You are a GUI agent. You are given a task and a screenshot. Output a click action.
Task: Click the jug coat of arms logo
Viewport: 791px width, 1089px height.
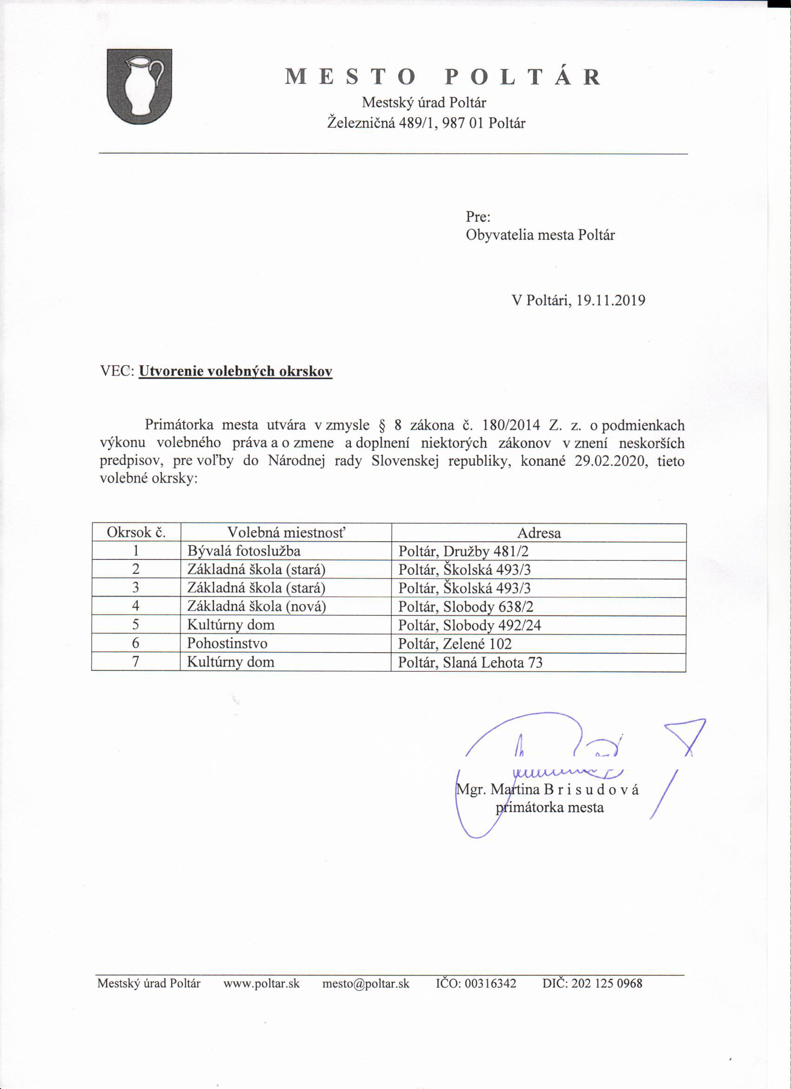tap(139, 87)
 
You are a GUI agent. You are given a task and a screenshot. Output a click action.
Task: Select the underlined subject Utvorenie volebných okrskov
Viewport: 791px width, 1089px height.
tap(235, 371)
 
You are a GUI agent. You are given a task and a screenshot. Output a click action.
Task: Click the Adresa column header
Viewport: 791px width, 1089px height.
tap(539, 533)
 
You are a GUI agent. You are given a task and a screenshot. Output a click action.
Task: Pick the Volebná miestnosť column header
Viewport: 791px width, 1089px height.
tap(286, 532)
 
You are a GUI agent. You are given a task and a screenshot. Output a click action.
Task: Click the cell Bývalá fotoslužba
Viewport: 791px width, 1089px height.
tap(244, 551)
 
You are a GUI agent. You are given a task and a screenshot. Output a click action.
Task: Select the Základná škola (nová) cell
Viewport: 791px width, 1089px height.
tap(256, 606)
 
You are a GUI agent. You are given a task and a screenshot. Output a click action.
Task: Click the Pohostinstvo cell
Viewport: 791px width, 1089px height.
tap(227, 643)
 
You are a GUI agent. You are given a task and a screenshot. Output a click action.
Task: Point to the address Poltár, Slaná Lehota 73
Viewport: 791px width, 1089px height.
tap(470, 663)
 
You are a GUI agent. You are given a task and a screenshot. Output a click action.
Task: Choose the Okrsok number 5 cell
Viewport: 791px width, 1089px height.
tap(136, 625)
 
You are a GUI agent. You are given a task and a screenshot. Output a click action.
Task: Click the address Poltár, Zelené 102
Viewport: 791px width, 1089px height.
tap(455, 644)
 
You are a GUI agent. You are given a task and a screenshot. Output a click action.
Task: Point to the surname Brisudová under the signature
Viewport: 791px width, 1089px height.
tap(591, 790)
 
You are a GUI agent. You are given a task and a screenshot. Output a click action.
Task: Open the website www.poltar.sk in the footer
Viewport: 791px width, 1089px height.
tap(261, 983)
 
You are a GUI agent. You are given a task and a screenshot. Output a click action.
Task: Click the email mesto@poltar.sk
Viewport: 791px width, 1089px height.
tap(366, 983)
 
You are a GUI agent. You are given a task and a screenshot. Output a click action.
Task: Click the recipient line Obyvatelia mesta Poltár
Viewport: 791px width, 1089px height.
tap(540, 235)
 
